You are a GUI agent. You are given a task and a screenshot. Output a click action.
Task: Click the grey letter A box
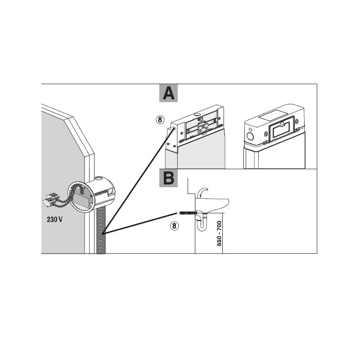[168, 93]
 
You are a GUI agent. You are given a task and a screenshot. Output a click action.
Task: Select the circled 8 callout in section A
[159, 120]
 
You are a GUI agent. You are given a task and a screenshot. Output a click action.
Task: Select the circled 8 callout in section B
[174, 226]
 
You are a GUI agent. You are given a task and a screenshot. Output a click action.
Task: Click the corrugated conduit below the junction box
[101, 232]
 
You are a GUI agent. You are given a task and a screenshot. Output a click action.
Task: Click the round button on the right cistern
[249, 135]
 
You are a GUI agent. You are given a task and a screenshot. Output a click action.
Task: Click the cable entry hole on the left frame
[173, 129]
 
